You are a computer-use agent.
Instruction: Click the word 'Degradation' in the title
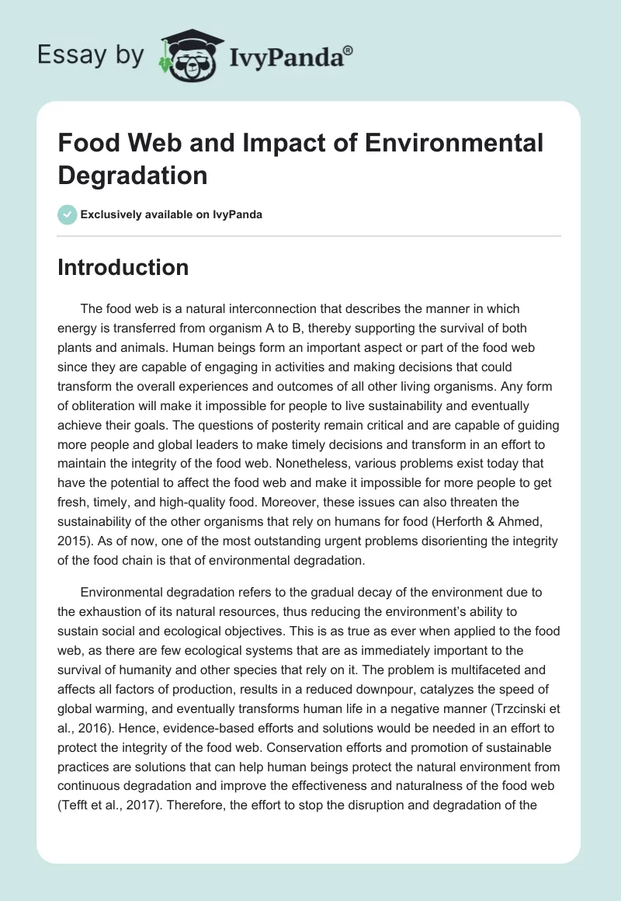click(x=133, y=175)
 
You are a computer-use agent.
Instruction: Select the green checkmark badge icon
click(x=68, y=214)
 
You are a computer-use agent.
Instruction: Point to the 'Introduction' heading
click(x=123, y=267)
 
